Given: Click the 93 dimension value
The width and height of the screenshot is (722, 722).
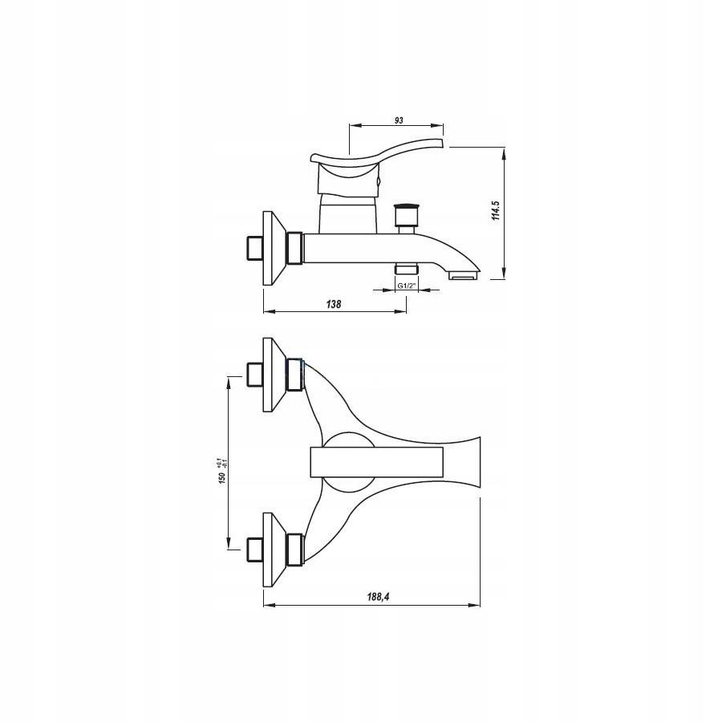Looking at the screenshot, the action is (399, 120).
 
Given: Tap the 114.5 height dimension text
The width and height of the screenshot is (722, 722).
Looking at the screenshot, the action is (496, 210).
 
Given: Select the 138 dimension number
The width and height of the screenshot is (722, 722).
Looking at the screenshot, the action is (334, 304).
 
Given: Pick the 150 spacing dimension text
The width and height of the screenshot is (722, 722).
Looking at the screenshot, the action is (221, 477).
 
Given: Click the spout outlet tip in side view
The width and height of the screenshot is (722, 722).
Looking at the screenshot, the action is (464, 275).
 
